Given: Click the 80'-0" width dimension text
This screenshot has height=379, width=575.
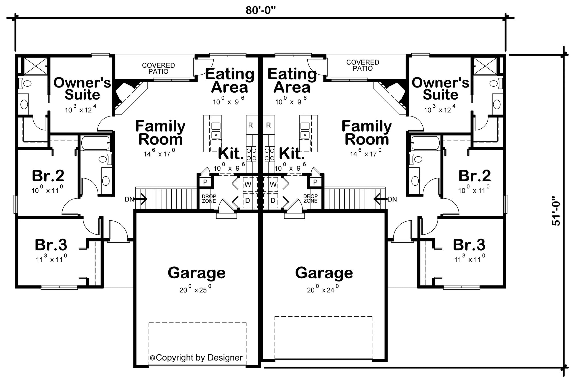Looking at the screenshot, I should (260, 10).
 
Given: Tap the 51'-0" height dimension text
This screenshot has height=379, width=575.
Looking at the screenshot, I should (557, 211).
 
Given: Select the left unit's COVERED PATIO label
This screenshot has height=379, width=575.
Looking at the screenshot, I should (158, 68).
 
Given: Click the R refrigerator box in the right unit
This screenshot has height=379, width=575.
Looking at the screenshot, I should (269, 125).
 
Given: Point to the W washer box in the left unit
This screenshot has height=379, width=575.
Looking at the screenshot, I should (248, 184).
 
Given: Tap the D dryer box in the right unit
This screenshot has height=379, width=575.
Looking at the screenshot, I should (273, 200).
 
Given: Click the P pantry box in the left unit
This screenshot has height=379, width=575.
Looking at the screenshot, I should (205, 182).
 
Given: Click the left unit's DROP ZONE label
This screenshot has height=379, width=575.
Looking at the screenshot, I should (209, 199).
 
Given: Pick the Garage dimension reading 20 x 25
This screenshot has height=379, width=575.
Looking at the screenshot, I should (195, 290).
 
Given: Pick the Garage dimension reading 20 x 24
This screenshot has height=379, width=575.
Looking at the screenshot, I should (323, 290).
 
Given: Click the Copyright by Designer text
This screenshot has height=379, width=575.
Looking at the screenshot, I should (196, 358).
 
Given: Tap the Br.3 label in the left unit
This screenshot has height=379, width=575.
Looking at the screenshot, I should (51, 245).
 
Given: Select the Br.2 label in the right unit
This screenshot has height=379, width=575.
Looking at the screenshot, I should (475, 176).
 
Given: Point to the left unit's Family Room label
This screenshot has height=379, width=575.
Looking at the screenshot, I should (160, 133).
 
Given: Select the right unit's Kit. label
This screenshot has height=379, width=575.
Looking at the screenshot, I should (292, 154).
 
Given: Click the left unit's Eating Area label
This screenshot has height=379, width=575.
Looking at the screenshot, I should (230, 81).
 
